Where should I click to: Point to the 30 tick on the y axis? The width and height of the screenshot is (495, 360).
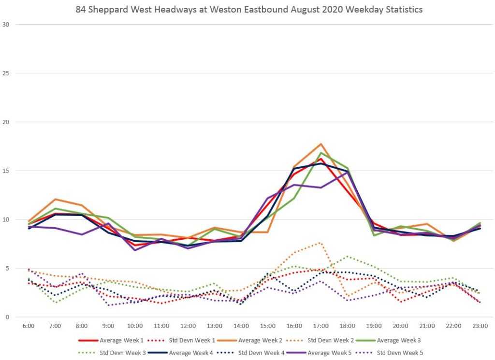(x=6, y=25)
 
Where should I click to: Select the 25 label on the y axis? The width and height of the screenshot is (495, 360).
(x=6, y=73)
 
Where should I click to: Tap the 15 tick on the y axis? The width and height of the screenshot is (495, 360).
(x=6, y=171)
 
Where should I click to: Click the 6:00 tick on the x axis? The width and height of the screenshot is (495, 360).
(x=29, y=326)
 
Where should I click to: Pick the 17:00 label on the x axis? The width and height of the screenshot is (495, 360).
(x=321, y=326)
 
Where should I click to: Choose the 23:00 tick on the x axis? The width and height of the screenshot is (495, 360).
(x=480, y=326)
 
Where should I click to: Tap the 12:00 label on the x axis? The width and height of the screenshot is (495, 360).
(x=188, y=326)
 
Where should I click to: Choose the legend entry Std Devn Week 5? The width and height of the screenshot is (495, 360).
(x=400, y=353)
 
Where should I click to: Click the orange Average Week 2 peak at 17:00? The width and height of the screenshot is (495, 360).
(x=321, y=144)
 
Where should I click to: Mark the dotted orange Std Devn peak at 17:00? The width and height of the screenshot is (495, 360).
(x=320, y=243)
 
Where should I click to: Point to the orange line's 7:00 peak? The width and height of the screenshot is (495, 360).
(x=56, y=199)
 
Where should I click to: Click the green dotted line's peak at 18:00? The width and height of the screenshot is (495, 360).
(x=347, y=257)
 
